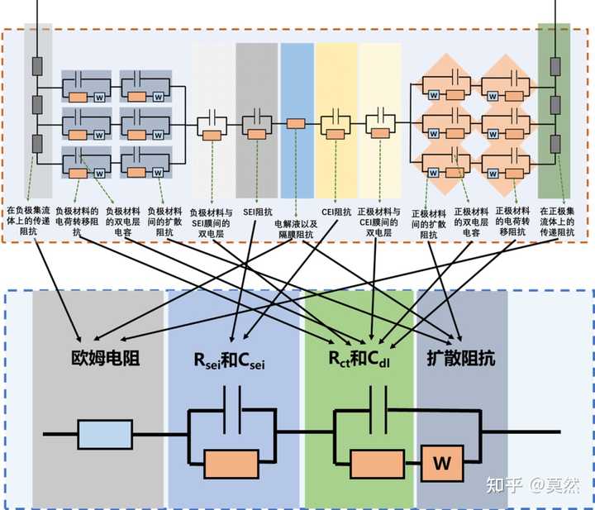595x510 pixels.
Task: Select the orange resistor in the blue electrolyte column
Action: click(x=296, y=124)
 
